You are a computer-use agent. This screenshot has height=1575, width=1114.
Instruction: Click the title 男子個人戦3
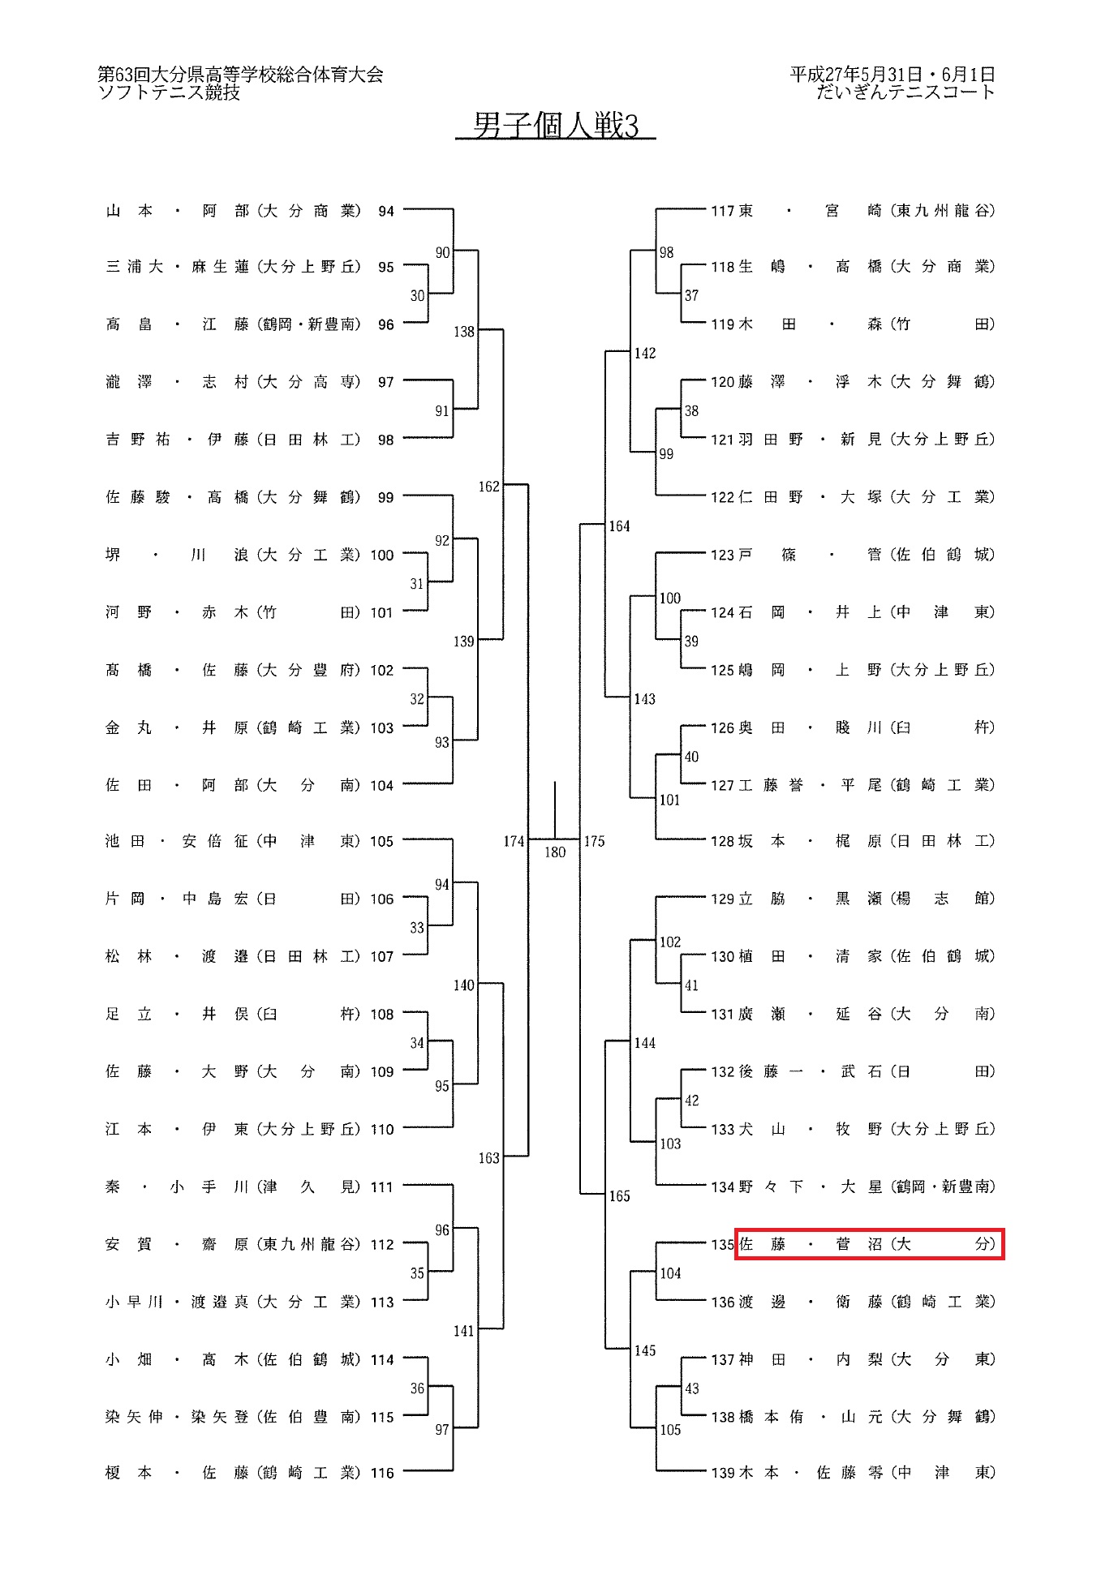tap(556, 126)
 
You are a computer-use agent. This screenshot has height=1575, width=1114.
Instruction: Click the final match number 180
tap(555, 852)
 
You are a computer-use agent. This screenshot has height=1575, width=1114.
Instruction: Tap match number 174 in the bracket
tap(514, 841)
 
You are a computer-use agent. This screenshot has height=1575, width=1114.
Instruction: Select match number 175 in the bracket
tap(594, 841)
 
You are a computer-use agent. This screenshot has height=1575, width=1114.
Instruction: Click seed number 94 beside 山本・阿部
tap(386, 211)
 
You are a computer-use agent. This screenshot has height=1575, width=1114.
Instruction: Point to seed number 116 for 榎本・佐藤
tap(382, 1473)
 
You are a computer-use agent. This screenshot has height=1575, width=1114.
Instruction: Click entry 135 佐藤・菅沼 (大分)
tap(868, 1244)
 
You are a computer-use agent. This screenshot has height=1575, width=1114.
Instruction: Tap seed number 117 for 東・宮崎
tap(722, 211)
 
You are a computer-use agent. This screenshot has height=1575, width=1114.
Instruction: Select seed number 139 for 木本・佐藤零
tap(722, 1473)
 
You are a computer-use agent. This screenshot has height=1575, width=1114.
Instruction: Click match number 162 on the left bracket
tap(488, 487)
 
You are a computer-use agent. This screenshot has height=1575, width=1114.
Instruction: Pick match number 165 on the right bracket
tap(619, 1195)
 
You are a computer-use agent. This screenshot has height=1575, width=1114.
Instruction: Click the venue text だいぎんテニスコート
tap(905, 92)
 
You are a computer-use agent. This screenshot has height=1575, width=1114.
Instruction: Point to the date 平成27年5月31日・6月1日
tap(892, 75)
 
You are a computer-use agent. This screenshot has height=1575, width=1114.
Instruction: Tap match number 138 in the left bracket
tap(463, 332)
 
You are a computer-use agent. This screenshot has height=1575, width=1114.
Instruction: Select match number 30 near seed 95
tap(417, 296)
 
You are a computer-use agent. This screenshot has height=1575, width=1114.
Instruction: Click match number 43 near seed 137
tap(691, 1388)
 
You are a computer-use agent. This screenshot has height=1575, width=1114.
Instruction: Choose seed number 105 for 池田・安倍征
tap(382, 841)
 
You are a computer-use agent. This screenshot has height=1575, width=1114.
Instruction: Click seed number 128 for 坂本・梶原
tap(722, 841)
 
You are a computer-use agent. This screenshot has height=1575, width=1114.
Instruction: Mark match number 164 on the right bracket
tap(619, 526)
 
